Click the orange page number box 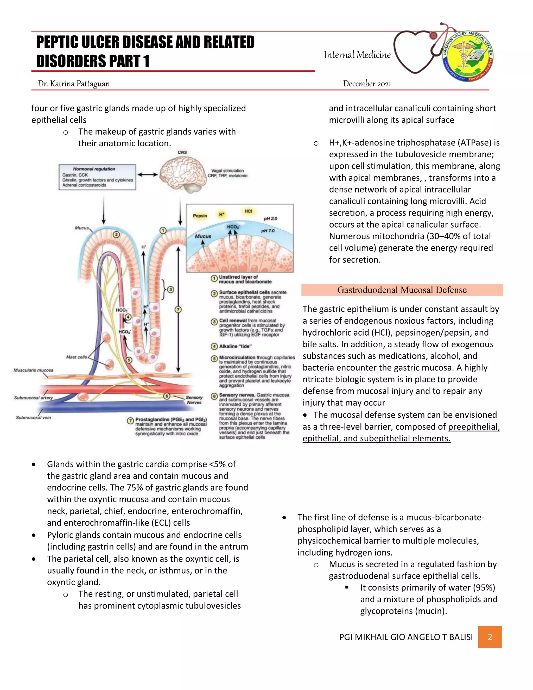pyautogui.click(x=490, y=637)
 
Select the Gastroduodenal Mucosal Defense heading pyautogui.click(x=402, y=290)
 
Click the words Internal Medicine pyautogui.click(x=357, y=55)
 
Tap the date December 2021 pyautogui.click(x=367, y=84)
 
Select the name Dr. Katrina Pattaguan pyautogui.click(x=74, y=84)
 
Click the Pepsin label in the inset pyautogui.click(x=200, y=216)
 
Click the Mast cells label pyautogui.click(x=77, y=357)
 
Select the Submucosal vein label pyautogui.click(x=34, y=417)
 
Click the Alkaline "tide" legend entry pyautogui.click(x=235, y=346)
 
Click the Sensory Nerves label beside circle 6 pyautogui.click(x=194, y=400)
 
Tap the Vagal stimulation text pyautogui.click(x=227, y=171)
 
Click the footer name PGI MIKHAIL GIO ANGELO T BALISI pyautogui.click(x=406, y=637)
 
